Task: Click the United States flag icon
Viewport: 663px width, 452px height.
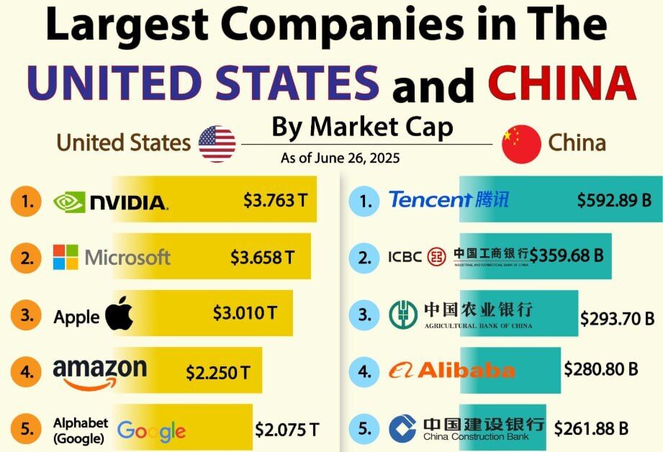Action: [217, 143]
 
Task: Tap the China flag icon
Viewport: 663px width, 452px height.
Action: [521, 143]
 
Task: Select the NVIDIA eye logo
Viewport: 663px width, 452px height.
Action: [69, 202]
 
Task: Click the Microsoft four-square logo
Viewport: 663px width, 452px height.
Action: [66, 257]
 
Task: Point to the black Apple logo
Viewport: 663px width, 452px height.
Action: [120, 315]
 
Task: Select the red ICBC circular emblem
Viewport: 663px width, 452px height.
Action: [436, 256]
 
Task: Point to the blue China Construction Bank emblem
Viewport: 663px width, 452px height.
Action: [402, 429]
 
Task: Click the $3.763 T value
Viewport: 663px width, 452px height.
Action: [269, 200]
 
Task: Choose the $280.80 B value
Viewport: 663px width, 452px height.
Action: [601, 369]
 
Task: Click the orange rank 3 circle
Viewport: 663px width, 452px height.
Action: [27, 315]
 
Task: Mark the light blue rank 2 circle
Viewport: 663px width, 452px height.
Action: [366, 257]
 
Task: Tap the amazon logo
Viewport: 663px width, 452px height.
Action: [99, 373]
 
